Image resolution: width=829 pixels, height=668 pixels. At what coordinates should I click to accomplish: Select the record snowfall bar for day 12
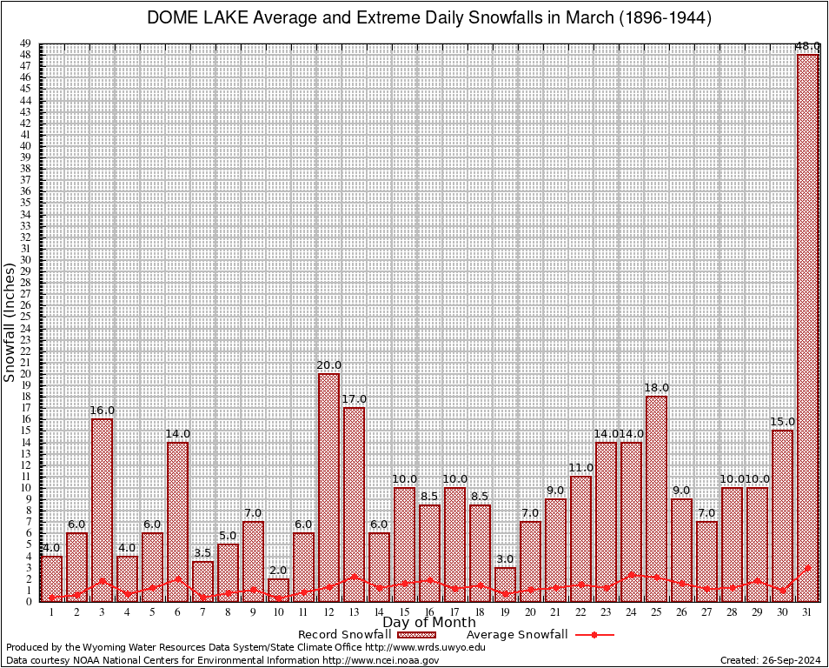tap(328, 487)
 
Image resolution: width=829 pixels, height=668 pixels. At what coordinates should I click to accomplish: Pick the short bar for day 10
tap(278, 590)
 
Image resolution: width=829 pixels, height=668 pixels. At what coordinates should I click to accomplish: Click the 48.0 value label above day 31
tap(808, 46)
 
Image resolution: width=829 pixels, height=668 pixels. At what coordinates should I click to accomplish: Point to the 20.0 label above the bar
tap(329, 365)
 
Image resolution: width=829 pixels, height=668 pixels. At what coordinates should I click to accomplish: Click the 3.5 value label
tap(202, 552)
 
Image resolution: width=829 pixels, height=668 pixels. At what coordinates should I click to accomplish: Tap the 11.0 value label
tap(581, 468)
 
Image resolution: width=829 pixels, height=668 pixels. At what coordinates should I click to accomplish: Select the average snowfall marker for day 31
tap(808, 567)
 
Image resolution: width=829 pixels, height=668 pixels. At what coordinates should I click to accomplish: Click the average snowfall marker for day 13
tap(354, 576)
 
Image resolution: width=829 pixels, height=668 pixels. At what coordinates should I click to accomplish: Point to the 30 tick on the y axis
tap(26, 259)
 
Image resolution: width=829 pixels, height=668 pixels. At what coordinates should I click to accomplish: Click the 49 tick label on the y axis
tap(26, 43)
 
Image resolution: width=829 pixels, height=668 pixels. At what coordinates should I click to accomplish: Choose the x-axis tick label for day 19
tap(505, 612)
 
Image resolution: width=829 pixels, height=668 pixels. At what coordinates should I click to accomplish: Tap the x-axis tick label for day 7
tap(202, 612)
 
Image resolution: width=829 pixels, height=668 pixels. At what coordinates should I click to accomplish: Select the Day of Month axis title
tap(428, 623)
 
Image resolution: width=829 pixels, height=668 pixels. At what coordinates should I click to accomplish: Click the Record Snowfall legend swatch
tap(416, 635)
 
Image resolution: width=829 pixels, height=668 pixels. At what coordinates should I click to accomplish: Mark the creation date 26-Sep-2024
tap(792, 661)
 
